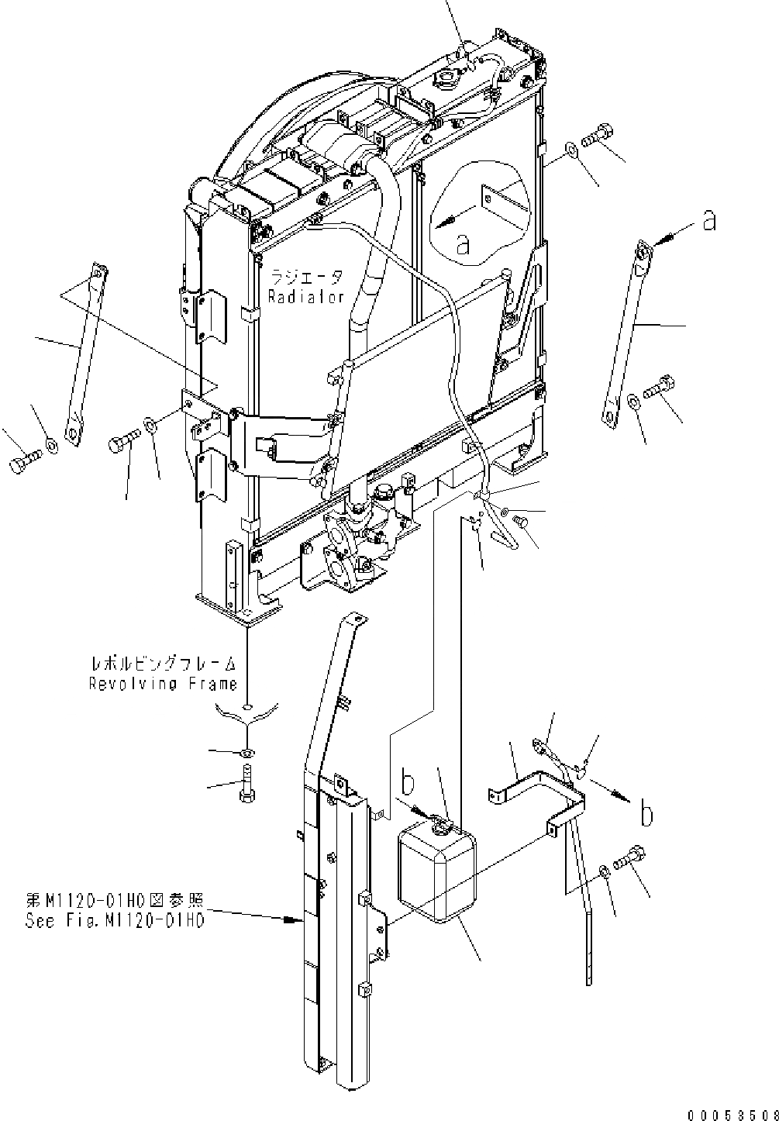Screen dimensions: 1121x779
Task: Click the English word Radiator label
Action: (x=305, y=297)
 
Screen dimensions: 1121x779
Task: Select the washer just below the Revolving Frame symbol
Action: (x=246, y=753)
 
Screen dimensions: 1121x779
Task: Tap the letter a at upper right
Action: (x=708, y=222)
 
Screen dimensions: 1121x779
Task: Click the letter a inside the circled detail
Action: (x=463, y=246)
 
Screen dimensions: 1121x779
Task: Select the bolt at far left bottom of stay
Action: (x=22, y=463)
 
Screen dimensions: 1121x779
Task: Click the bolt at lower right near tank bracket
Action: (x=631, y=859)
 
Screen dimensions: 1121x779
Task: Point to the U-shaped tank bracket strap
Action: (x=543, y=791)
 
